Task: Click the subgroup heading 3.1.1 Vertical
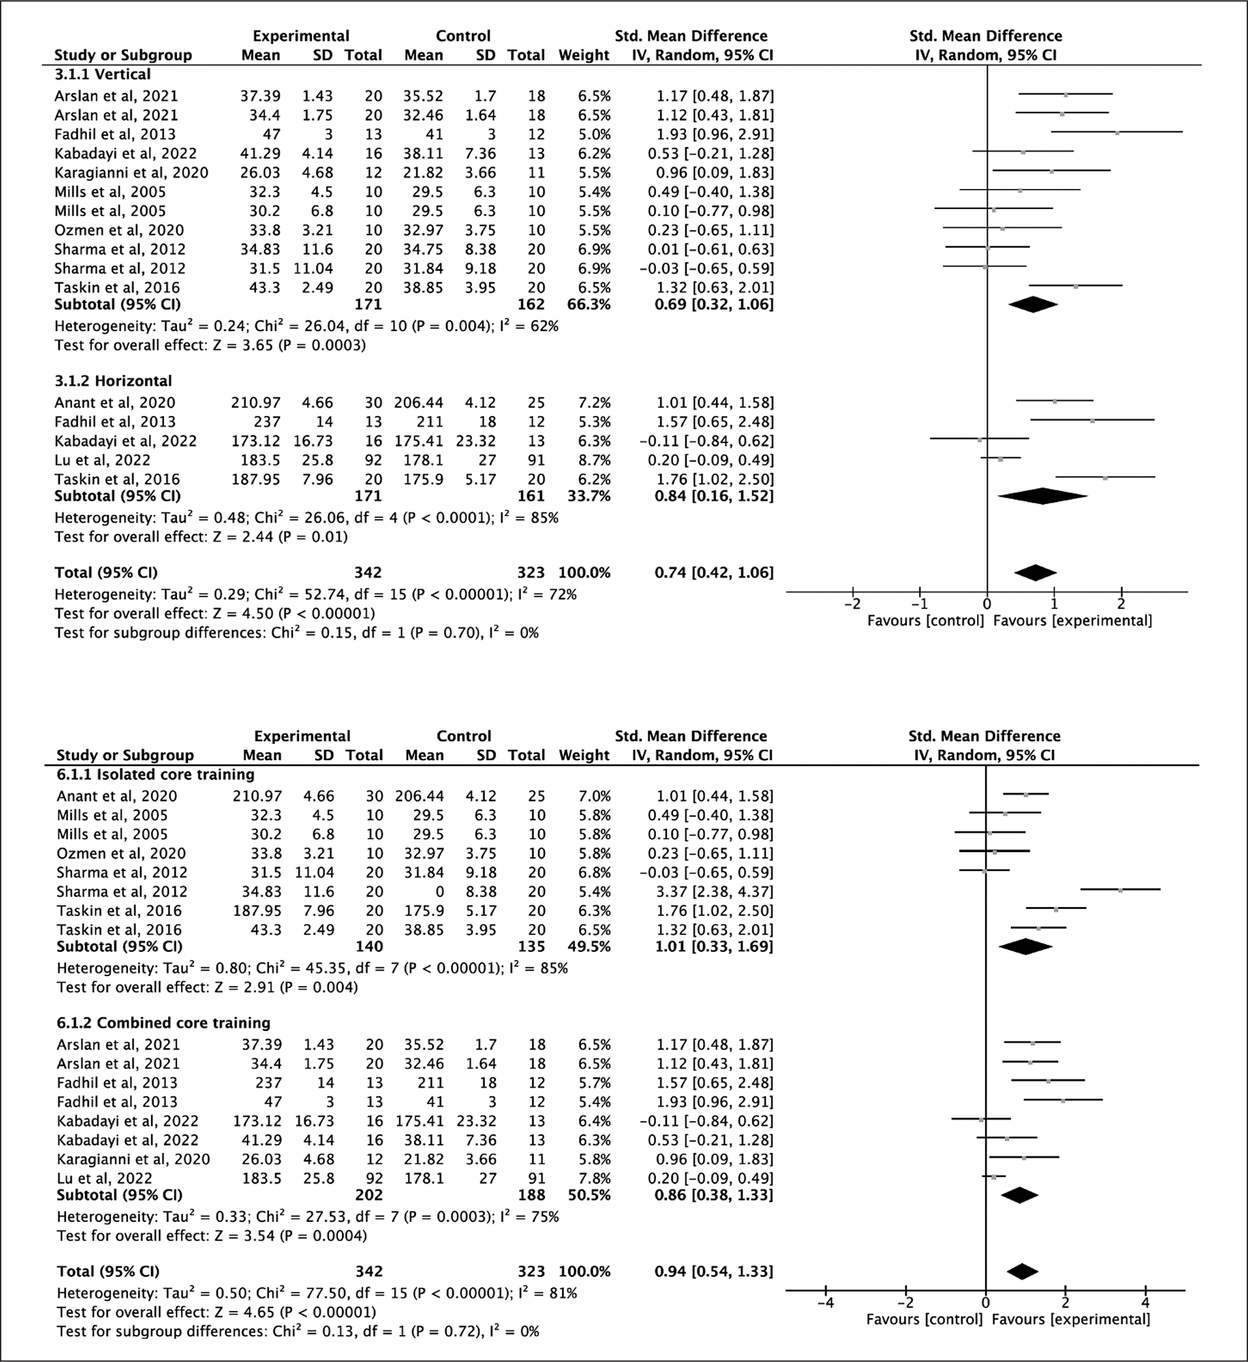[x=103, y=74]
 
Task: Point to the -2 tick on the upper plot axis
[x=853, y=603]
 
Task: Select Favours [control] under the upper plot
[x=925, y=620]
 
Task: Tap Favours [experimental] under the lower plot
[x=1071, y=1319]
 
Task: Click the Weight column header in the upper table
[x=584, y=56]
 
